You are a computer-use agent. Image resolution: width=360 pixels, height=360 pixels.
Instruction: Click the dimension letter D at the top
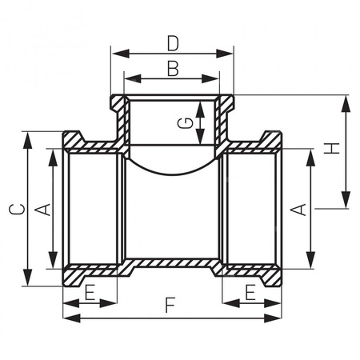coord(172,41)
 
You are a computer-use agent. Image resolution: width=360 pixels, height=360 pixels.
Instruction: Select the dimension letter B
coord(172,68)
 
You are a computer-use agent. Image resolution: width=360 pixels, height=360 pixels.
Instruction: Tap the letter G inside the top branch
coord(185,122)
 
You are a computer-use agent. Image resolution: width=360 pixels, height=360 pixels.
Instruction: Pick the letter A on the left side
coord(45,210)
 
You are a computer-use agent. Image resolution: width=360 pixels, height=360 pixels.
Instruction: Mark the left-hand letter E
coord(89,293)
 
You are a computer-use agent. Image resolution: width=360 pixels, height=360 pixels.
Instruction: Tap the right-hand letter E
coord(251,293)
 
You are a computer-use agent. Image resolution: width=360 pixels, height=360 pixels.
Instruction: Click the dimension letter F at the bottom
coord(169,305)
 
